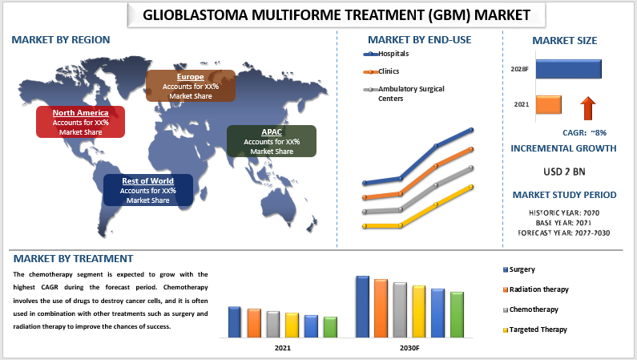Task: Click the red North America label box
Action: [x=80, y=122]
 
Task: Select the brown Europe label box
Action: [x=191, y=86]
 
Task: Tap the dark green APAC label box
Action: [x=272, y=141]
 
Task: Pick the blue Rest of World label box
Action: [x=147, y=191]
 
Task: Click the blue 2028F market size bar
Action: [x=568, y=69]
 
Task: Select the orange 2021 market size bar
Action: [x=549, y=104]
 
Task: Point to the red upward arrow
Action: [x=589, y=107]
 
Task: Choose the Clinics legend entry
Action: [x=383, y=72]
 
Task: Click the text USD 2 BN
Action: [x=564, y=171]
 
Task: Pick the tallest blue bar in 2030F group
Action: [x=362, y=306]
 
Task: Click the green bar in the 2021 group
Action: [x=330, y=326]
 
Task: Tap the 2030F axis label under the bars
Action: [x=409, y=349]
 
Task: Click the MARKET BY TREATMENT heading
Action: [x=73, y=258]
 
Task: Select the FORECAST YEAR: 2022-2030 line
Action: [x=564, y=233]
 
